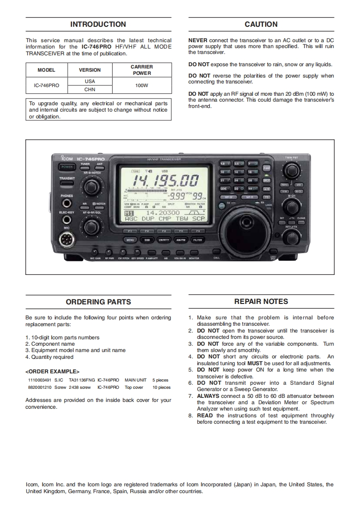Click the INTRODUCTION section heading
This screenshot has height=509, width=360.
click(98, 24)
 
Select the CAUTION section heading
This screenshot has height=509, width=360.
click(261, 24)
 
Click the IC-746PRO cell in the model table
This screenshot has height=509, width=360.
click(46, 85)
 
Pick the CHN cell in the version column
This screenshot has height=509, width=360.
click(90, 89)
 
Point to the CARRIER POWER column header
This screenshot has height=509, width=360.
click(142, 70)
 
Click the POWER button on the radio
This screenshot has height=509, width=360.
click(66, 167)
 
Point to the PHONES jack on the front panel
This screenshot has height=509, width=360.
click(67, 204)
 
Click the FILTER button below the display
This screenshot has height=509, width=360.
click(197, 240)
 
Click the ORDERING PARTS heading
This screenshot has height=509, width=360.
click(98, 302)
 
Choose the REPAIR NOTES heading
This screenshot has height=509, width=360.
click(261, 301)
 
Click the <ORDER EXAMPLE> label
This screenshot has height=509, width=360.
click(52, 372)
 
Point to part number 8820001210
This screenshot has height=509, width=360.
click(39, 387)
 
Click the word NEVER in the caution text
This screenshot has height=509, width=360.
click(198, 40)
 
